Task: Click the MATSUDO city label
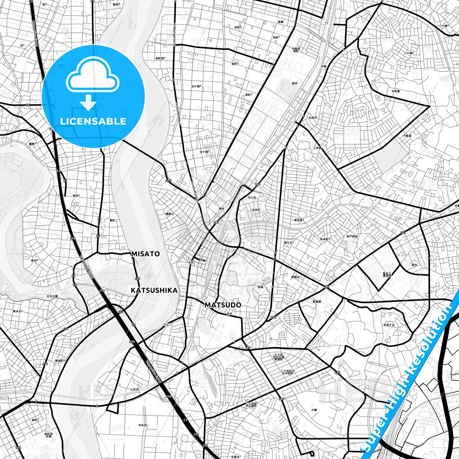(223, 305)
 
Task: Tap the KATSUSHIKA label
(154, 290)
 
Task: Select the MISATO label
(145, 254)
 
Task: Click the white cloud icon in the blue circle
(93, 77)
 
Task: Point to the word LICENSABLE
(93, 121)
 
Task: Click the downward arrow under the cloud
(89, 103)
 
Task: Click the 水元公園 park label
(52, 296)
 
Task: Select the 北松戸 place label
(313, 118)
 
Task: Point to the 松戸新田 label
(352, 236)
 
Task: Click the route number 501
(18, 448)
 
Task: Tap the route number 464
(337, 372)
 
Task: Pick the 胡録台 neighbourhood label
(295, 277)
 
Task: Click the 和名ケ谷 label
(389, 325)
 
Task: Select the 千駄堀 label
(407, 136)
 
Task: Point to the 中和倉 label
(395, 91)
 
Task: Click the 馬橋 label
(280, 22)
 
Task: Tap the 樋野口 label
(170, 214)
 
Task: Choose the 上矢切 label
(134, 389)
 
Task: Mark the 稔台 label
(415, 265)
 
